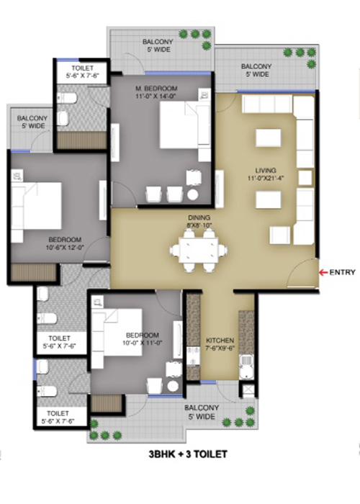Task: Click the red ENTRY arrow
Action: (323, 272)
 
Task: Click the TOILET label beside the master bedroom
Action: (78, 68)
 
